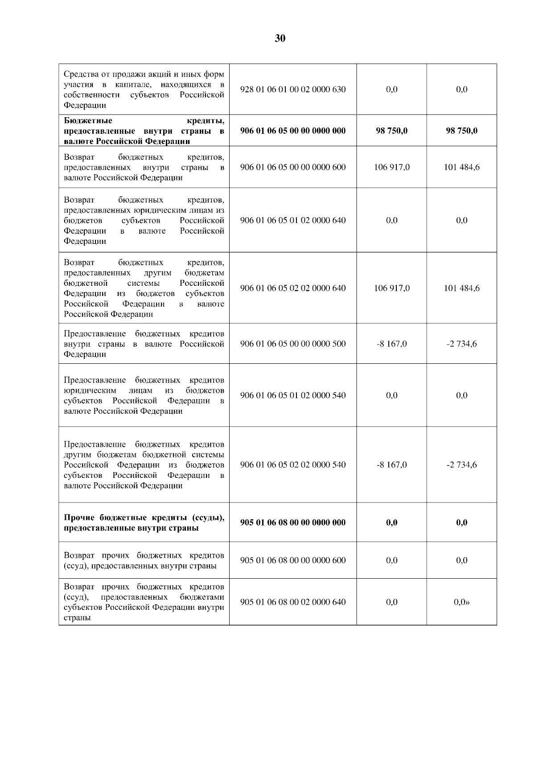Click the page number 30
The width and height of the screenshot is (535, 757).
click(280, 38)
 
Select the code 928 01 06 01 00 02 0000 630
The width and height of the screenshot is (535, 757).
click(292, 89)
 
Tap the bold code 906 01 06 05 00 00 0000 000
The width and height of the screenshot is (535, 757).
click(292, 131)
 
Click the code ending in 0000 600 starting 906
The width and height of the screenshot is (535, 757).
click(292, 167)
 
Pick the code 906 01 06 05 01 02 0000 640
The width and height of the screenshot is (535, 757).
click(292, 220)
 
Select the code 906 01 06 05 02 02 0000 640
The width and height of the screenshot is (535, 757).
click(292, 288)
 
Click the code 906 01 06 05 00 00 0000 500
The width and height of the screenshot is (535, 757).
click(292, 344)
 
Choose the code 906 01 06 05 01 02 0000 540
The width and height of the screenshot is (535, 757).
click(292, 395)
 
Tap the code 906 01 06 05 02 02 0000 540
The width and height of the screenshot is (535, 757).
click(292, 465)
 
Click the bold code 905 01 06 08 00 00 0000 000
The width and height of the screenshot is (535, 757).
click(292, 522)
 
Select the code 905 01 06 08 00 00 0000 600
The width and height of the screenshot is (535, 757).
click(292, 560)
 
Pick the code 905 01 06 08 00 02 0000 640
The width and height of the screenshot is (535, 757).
click(292, 602)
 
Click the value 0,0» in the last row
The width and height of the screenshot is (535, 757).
click(462, 602)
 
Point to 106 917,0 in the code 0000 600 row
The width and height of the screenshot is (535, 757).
click(391, 167)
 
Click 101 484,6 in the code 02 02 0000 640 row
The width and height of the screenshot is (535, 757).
click(462, 288)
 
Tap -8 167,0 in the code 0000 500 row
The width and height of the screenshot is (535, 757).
click(391, 344)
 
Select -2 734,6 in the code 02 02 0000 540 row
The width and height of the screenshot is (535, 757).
click(462, 465)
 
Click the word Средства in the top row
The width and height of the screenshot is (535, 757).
click(80, 74)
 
